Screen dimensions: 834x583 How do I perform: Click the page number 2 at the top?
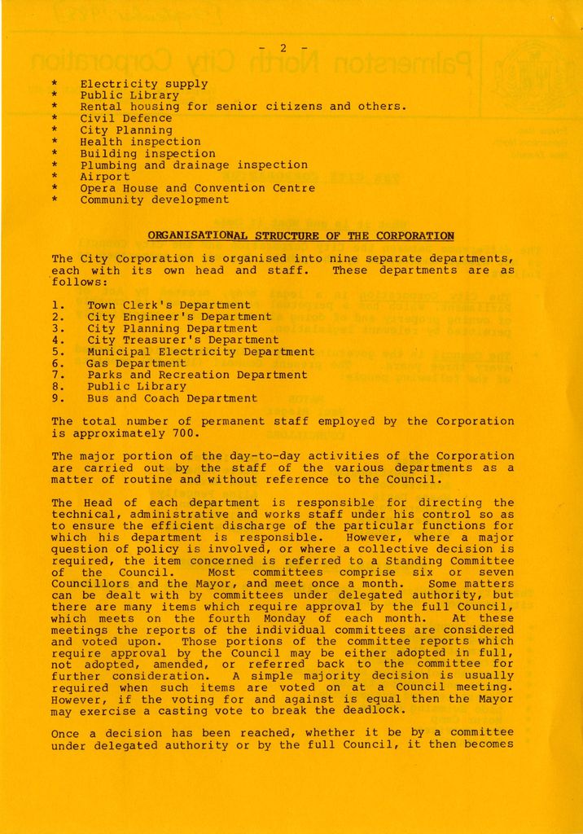283,47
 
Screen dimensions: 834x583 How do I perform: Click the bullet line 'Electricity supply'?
143,83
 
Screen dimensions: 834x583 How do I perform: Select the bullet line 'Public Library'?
129,95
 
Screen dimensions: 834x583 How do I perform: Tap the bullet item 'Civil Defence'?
126,118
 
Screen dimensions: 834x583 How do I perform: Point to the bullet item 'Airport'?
105,177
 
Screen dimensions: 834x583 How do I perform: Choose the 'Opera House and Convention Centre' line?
197,188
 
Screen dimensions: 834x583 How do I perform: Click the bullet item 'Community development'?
154,200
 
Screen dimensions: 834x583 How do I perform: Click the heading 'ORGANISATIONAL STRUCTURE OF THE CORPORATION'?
300,236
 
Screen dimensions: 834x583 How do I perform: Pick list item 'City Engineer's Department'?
179,317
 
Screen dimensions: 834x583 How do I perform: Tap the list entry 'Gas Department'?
137,363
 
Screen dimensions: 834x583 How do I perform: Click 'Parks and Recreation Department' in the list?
197,375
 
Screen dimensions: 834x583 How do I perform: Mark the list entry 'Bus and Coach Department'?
172,398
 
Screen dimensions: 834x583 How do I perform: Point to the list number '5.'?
58,352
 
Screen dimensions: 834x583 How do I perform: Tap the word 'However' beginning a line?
75,700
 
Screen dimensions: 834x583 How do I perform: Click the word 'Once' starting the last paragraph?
66,734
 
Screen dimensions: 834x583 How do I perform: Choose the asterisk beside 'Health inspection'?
55,142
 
